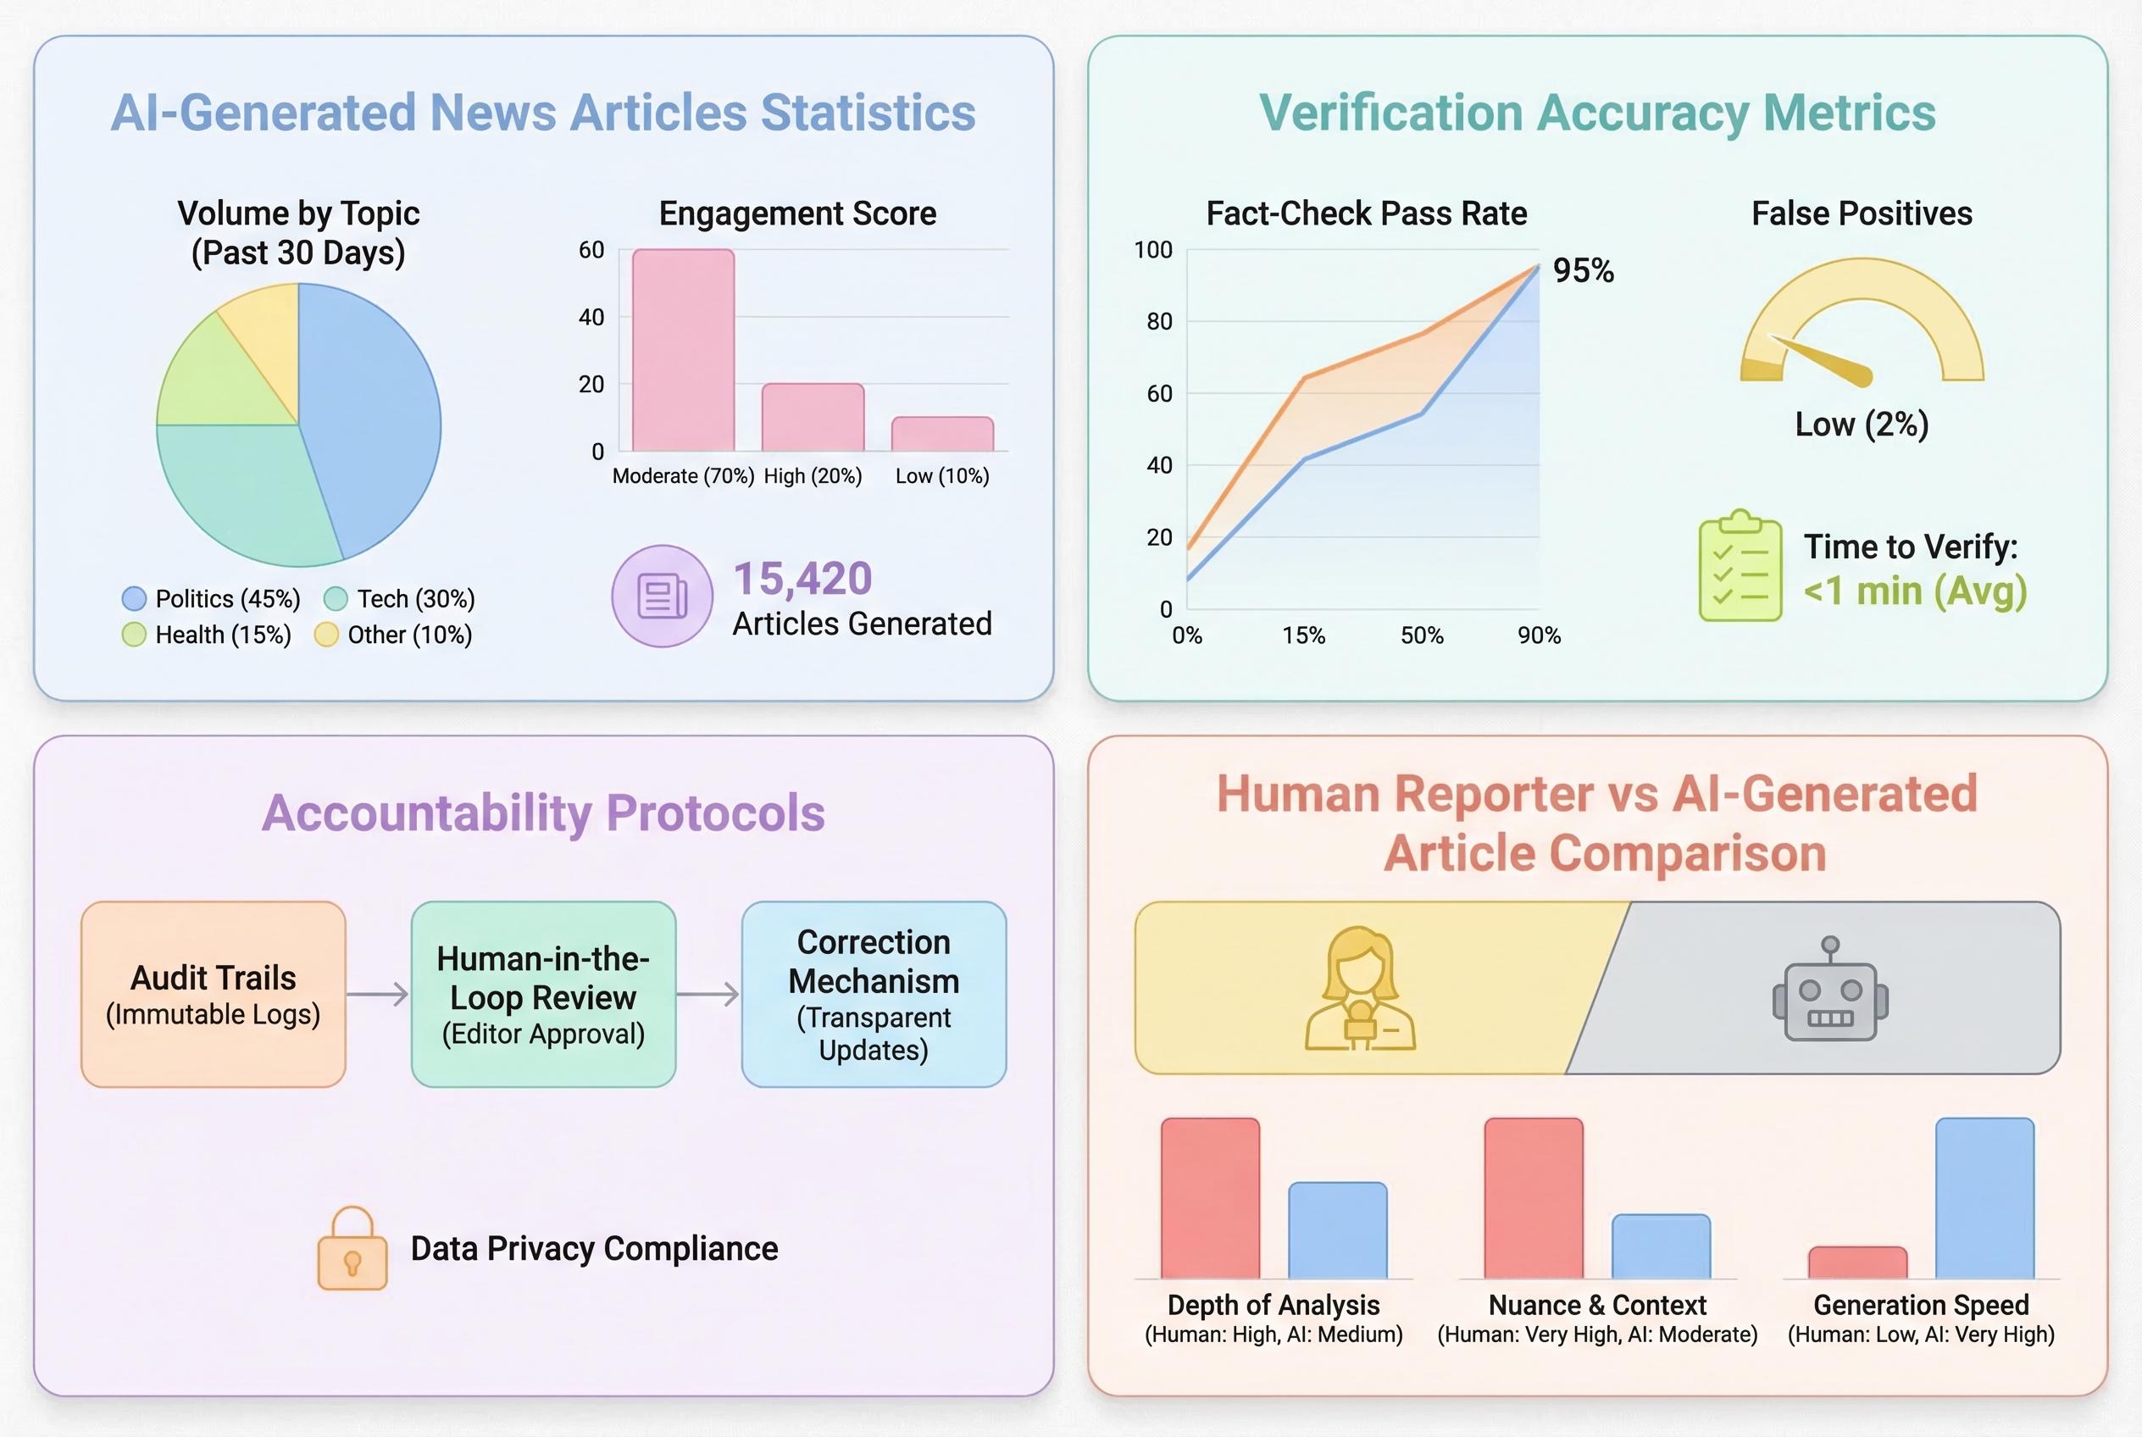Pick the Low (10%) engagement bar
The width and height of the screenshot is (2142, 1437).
click(942, 435)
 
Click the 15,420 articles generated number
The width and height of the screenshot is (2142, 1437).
click(803, 579)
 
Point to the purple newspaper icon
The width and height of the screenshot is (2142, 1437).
click(662, 596)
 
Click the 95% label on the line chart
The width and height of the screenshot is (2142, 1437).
click(1583, 270)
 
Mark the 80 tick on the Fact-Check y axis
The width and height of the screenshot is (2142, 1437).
click(1159, 322)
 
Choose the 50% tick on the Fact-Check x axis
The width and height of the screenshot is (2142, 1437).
click(1422, 636)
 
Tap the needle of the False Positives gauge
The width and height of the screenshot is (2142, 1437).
click(1824, 360)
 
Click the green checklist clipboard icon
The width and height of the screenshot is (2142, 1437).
click(1740, 566)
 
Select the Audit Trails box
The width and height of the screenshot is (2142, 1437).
click(214, 995)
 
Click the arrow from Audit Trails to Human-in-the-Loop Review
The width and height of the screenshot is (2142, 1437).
click(378, 995)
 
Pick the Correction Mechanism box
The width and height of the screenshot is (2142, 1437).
click(874, 995)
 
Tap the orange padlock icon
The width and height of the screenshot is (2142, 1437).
click(352, 1250)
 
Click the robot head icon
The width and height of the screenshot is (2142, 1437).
click(1829, 990)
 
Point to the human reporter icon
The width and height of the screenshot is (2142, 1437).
click(1360, 990)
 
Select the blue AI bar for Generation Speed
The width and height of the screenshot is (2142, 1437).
click(1984, 1198)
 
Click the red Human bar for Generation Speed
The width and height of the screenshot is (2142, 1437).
click(1857, 1262)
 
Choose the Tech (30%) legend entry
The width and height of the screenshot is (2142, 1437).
click(400, 599)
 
